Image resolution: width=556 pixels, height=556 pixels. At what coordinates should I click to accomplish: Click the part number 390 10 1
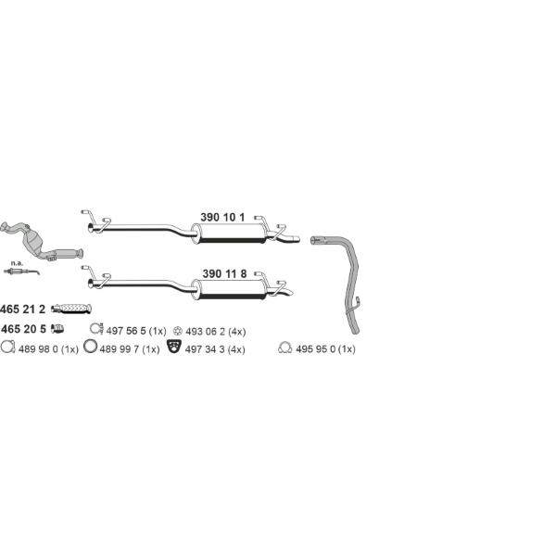point(222,217)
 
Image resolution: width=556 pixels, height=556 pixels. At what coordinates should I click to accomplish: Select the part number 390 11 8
point(224,273)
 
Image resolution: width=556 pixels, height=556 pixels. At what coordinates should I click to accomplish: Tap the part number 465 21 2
point(22,310)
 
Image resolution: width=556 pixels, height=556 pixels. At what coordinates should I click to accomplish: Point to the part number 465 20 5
point(23,329)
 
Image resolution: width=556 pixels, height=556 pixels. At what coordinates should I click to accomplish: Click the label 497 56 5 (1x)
point(136,331)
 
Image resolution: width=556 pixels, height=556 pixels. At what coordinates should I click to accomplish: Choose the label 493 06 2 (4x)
point(216,332)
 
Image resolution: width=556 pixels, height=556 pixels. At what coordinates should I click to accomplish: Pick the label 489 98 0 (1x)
point(48,349)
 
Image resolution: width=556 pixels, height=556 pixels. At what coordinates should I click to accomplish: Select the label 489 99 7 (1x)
point(130,349)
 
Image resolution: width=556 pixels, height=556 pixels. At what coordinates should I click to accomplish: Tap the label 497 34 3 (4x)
point(215,349)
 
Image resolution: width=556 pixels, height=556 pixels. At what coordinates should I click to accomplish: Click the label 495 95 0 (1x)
point(325,349)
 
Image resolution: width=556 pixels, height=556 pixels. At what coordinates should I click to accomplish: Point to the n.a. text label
point(17,263)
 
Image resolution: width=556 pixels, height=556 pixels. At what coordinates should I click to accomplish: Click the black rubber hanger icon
point(174,347)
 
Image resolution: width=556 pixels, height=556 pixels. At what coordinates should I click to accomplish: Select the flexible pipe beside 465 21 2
point(71,309)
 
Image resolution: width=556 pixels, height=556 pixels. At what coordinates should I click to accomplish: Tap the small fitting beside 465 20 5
point(57,329)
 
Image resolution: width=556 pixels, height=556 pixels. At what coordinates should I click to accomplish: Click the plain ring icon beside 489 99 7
point(91,346)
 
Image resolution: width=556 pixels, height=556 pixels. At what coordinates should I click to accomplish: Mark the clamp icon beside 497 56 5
point(95,329)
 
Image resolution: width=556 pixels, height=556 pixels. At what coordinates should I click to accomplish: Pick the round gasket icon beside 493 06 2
point(178,331)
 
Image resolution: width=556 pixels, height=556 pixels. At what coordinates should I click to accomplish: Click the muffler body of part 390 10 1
point(230,234)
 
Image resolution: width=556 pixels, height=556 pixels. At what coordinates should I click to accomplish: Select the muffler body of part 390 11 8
point(230,289)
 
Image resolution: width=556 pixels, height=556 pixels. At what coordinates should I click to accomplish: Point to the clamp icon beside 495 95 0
point(285,347)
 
